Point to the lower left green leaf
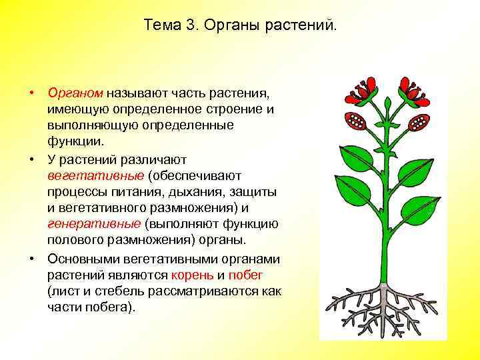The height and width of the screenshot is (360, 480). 354,201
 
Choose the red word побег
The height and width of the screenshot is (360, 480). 245,275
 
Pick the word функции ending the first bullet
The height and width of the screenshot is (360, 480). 75,141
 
